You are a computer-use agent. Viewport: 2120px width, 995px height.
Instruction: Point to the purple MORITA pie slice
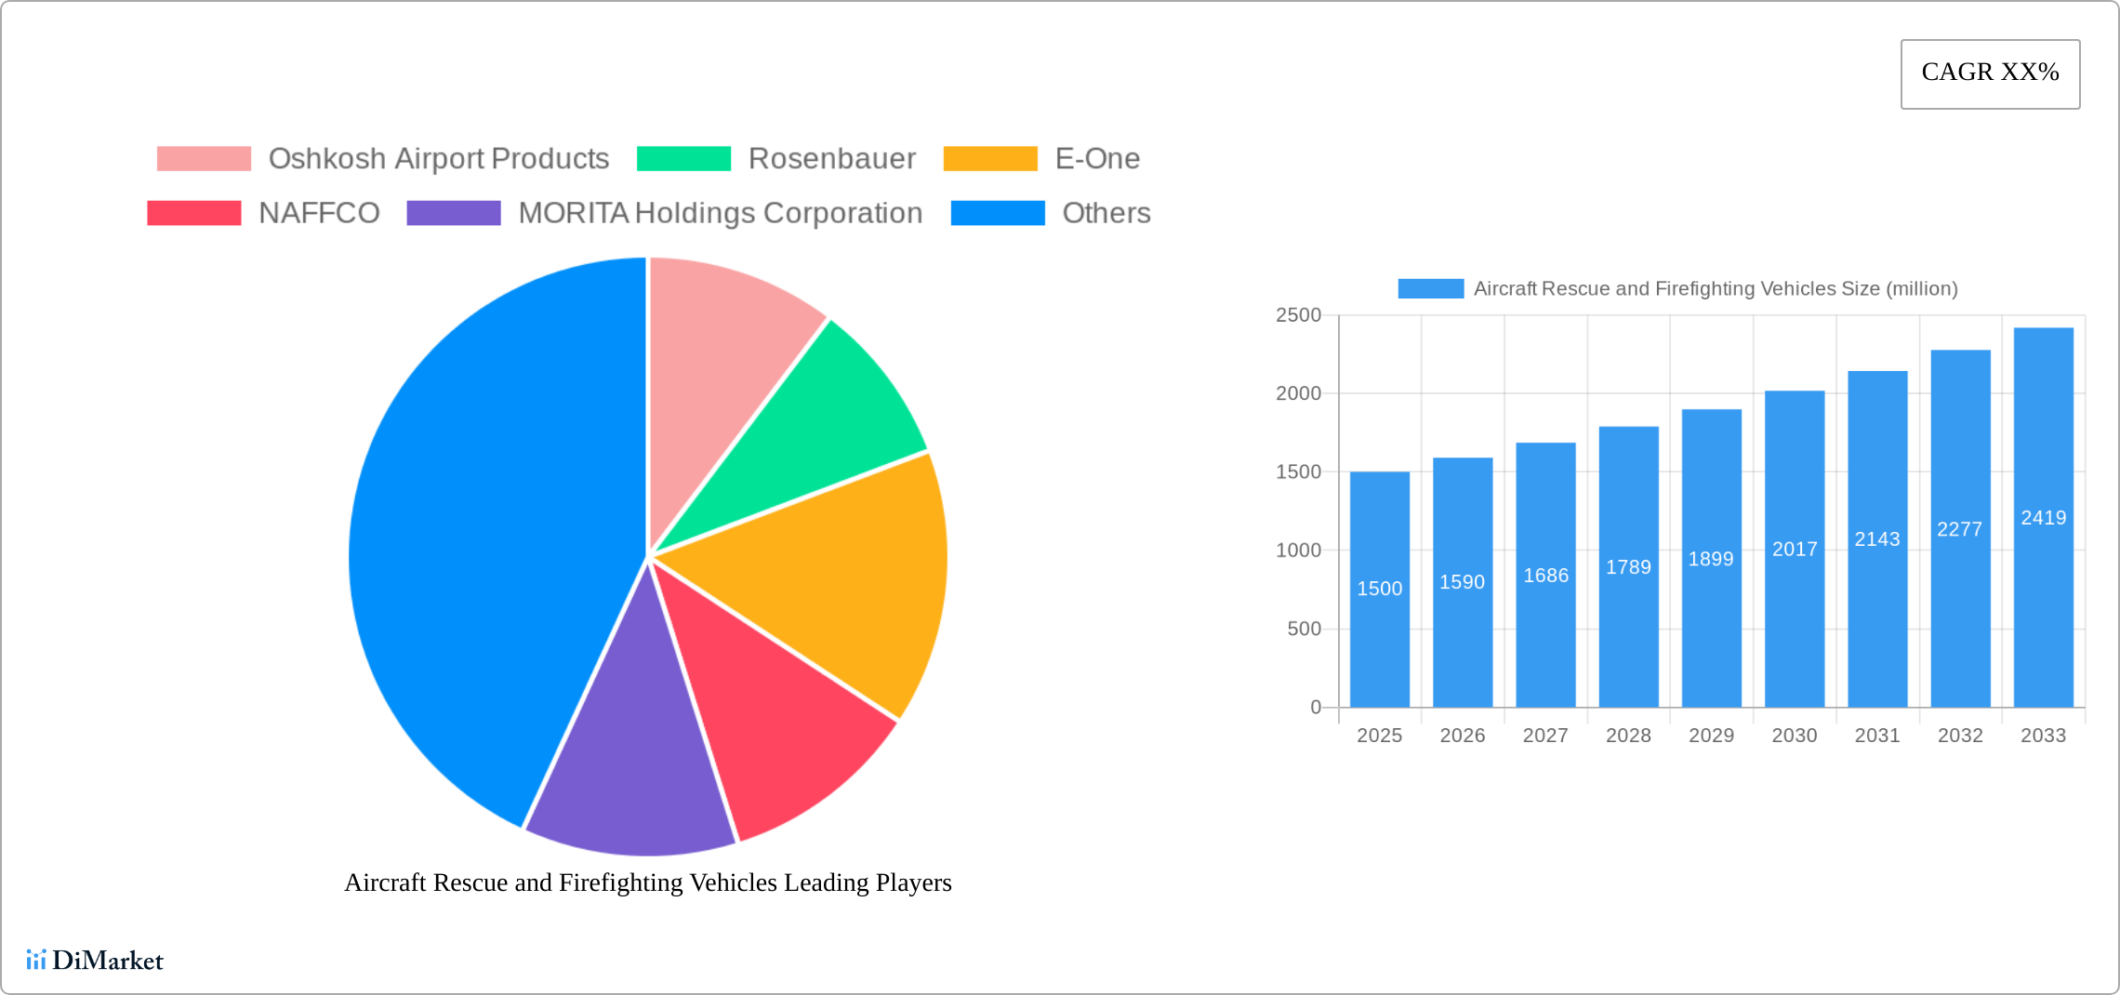(x=632, y=763)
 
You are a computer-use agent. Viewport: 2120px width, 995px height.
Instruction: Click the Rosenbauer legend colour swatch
(x=683, y=159)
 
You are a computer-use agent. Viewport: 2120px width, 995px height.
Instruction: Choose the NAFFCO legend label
(x=319, y=213)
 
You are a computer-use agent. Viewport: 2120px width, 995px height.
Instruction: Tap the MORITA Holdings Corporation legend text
(x=720, y=213)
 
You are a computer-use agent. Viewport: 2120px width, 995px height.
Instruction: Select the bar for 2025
(x=1379, y=632)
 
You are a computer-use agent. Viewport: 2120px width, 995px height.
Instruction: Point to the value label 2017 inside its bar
(x=1795, y=550)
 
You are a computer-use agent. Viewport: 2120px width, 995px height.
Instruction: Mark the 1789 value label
(x=1628, y=567)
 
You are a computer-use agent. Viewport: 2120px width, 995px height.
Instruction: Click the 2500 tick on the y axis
(x=1298, y=315)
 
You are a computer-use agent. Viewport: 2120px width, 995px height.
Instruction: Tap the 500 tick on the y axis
(x=1304, y=629)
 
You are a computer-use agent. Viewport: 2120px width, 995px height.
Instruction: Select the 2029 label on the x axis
(x=1711, y=736)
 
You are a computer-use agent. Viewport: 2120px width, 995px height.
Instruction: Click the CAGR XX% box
(x=1990, y=73)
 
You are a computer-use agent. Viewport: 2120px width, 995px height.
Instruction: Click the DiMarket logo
(x=95, y=960)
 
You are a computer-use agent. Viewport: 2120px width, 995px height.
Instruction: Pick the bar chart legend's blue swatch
(x=1430, y=288)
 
